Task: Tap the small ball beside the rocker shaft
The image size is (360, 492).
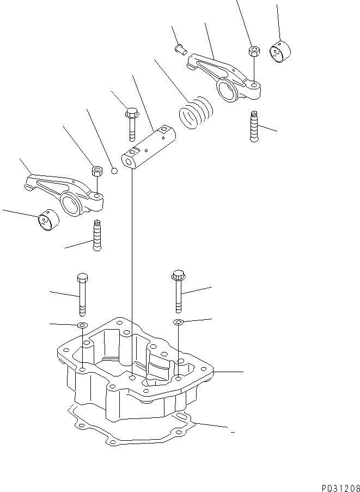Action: [x=114, y=171]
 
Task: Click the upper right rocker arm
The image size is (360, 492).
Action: [x=223, y=76]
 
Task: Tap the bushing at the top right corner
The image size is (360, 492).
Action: [x=280, y=52]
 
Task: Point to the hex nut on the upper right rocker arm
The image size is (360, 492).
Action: [x=253, y=52]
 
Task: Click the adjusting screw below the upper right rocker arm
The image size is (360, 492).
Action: [x=254, y=126]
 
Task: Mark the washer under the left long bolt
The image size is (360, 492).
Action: [x=82, y=325]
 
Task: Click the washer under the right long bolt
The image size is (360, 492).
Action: [x=178, y=323]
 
